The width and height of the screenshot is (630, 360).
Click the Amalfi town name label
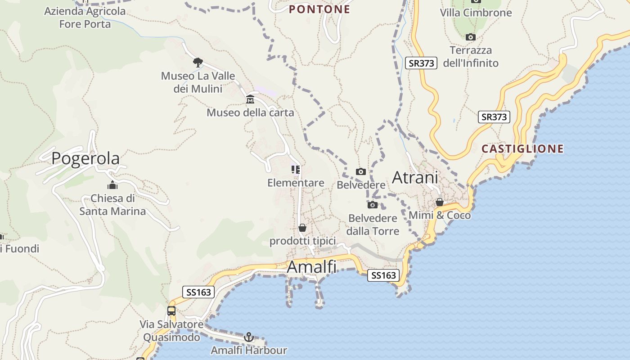311,267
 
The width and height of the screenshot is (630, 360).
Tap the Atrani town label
415,178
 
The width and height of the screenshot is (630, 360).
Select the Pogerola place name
85,158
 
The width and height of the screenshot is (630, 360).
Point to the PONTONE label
319,9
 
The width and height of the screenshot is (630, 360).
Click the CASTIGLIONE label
522,149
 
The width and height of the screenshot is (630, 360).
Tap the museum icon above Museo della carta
250,99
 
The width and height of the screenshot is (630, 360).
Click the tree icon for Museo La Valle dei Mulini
198,62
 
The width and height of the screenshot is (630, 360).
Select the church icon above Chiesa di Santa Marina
112,185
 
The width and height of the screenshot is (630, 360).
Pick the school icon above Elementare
296,170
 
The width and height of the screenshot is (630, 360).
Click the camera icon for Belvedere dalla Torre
373,205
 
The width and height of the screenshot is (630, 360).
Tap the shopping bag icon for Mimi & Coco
440,202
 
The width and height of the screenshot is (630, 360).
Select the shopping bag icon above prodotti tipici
302,228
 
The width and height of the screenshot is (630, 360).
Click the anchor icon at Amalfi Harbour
249,337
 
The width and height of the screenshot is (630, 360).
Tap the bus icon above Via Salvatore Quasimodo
171,310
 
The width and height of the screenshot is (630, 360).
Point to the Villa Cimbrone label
476,13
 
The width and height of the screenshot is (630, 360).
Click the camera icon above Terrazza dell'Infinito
471,37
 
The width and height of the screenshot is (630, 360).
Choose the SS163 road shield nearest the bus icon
198,292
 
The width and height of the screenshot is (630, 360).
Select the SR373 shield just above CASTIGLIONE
494,117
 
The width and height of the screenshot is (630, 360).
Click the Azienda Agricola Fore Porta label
85,18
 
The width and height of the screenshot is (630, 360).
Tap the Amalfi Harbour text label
249,350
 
